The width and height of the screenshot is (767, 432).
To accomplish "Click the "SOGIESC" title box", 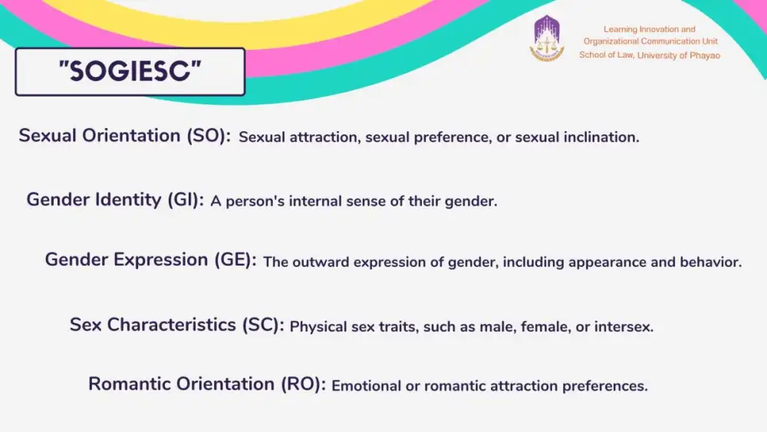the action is (130, 71).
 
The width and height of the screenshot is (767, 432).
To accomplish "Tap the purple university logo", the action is (547, 38).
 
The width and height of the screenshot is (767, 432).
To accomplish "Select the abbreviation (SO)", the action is (209, 136).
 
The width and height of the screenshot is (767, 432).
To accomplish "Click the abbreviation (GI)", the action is (186, 200).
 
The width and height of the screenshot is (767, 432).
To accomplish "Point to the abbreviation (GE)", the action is (235, 260).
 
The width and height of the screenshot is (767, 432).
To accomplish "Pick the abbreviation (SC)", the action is (263, 325).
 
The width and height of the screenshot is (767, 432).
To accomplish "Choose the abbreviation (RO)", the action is (303, 384).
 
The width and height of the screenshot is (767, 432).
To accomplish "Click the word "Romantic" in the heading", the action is (130, 384).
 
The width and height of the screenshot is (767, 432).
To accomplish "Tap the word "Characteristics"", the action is (171, 325).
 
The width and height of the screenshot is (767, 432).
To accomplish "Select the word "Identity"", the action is (128, 200).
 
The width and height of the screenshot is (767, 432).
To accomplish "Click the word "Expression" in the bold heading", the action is (161, 260).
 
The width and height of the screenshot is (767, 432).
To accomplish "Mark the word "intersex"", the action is (624, 327).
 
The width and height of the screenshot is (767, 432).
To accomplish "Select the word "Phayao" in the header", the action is (705, 55).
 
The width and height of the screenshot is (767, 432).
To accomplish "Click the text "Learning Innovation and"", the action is (649, 29).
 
